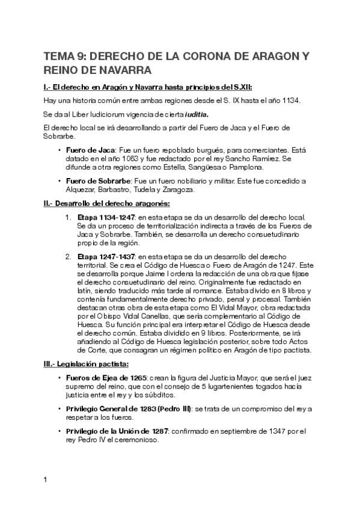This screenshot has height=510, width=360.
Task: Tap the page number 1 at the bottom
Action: pyautogui.click(x=45, y=480)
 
